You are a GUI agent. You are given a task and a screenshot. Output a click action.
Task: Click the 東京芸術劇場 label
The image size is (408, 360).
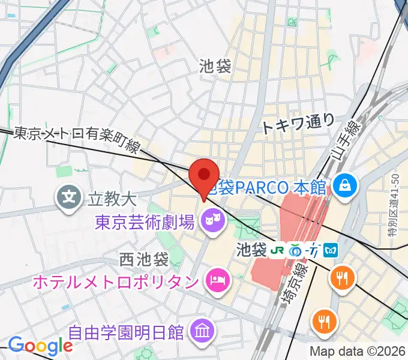[144, 223]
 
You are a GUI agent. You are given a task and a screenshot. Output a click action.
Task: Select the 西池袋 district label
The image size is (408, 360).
[145, 260]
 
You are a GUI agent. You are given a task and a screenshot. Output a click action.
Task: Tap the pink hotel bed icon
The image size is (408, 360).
[215, 279]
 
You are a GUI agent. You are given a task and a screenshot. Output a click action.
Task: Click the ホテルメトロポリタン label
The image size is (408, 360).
[116, 280]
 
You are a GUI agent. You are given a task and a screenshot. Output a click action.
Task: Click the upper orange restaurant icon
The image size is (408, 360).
[343, 277]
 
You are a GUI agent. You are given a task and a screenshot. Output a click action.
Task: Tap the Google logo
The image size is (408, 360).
[40, 346]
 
